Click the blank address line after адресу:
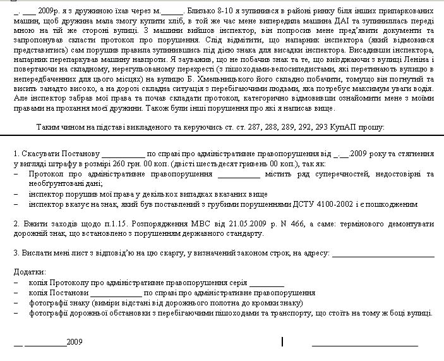tap(383, 254)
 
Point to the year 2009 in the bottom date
tap(75, 342)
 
